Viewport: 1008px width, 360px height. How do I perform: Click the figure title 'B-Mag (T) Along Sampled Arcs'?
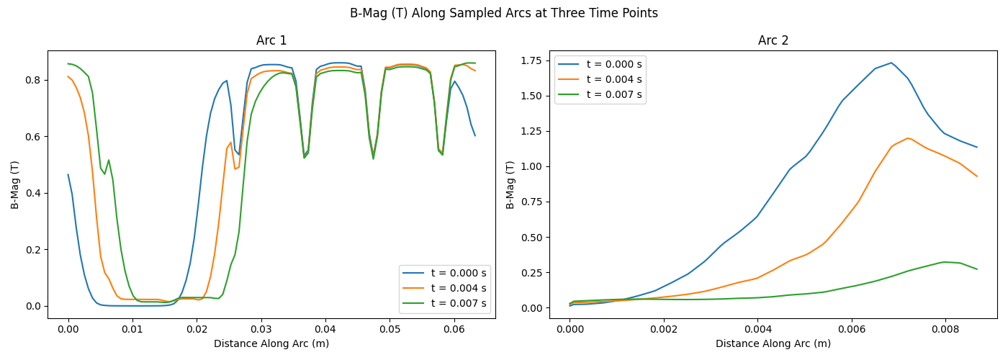(503, 13)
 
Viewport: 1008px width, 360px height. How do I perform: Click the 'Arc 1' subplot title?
(271, 40)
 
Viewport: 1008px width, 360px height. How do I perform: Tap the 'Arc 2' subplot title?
(773, 40)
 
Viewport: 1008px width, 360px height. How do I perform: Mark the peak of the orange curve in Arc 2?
(908, 138)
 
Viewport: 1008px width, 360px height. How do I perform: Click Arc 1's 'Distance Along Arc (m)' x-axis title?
(271, 343)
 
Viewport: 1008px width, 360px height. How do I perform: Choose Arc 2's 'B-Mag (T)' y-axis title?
(511, 185)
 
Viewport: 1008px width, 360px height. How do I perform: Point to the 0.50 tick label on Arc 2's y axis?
(531, 238)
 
